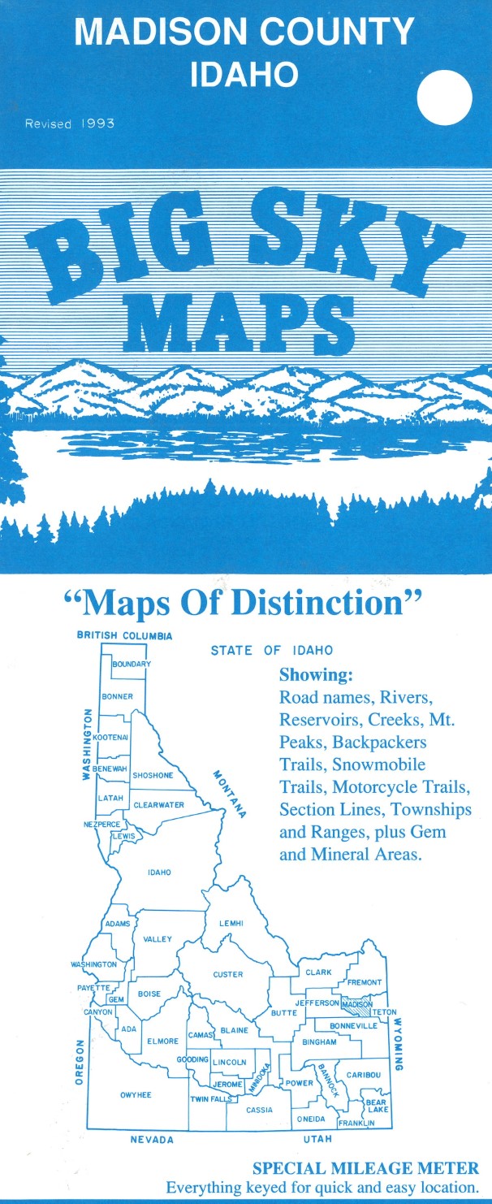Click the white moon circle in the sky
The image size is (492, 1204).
[x=444, y=97]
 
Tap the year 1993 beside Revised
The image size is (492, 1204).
[x=97, y=124]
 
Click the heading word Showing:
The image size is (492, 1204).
[x=316, y=675]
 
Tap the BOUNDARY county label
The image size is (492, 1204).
[x=131, y=664]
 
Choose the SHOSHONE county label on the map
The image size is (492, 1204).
[x=153, y=775]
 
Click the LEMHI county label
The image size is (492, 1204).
[x=231, y=923]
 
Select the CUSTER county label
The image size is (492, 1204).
[x=228, y=974]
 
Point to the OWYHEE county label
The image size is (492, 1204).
[x=136, y=1094]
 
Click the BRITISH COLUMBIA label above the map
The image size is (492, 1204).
[x=124, y=635]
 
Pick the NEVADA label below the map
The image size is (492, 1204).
[x=152, y=1140]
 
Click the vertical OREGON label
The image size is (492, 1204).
[x=80, y=1062]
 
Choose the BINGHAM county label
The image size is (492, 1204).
[x=319, y=1042]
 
